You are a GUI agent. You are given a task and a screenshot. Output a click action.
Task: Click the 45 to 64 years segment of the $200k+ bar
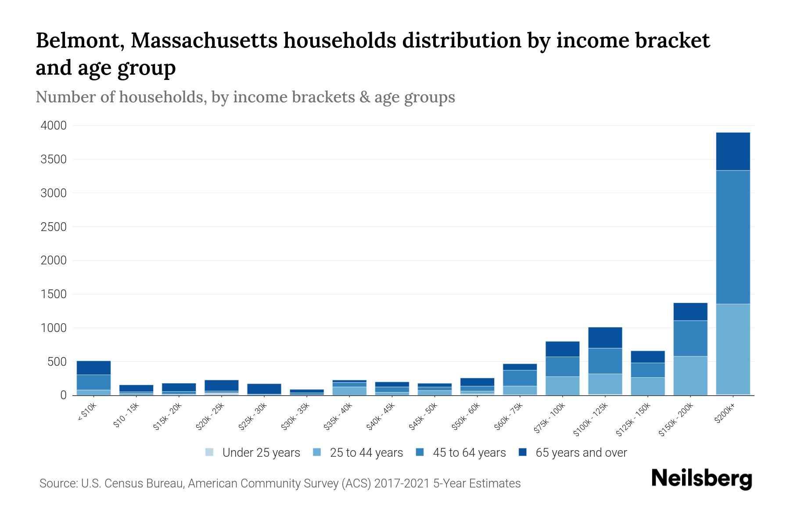click(x=733, y=237)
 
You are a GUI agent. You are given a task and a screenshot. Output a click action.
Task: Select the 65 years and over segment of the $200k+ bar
click(x=733, y=152)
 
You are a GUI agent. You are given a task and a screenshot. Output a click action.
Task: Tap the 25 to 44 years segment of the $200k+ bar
click(x=733, y=349)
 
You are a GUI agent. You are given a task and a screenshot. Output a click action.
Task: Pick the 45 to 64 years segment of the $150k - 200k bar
click(x=690, y=338)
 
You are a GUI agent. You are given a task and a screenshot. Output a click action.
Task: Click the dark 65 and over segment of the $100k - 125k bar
click(x=605, y=338)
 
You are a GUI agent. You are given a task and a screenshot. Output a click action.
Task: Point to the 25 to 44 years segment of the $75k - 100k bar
click(x=563, y=386)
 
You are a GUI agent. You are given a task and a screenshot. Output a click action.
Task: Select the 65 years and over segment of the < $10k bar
click(x=93, y=368)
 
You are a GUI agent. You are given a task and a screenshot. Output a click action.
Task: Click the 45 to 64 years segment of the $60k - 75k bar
click(x=520, y=378)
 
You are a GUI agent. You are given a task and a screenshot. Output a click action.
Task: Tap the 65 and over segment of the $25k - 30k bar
click(x=264, y=389)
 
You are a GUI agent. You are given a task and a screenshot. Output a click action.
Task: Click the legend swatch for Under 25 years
click(x=210, y=452)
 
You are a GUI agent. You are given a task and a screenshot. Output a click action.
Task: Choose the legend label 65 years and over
click(x=581, y=453)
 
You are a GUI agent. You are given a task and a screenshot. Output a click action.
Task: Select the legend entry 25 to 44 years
click(x=366, y=453)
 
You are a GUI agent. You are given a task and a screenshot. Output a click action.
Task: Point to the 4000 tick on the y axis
click(x=54, y=126)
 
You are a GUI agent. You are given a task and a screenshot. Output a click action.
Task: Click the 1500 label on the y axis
click(x=54, y=294)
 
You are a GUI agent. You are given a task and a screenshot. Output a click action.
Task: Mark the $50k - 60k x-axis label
click(x=466, y=417)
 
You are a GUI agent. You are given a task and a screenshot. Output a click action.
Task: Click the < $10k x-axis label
click(x=86, y=413)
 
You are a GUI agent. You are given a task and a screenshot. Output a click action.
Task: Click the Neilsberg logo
click(x=701, y=479)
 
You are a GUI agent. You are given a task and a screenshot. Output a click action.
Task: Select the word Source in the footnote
click(x=57, y=484)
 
